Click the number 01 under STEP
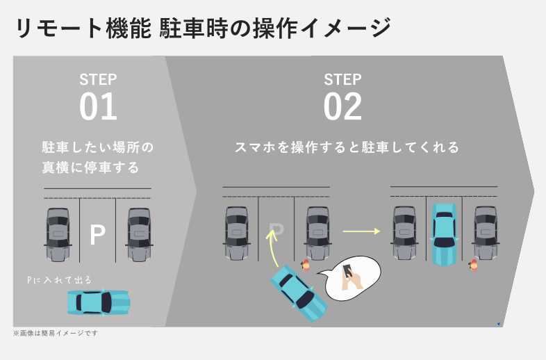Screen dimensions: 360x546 coord(98,107)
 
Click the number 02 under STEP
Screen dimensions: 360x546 coord(342,107)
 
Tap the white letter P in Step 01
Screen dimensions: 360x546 coord(97,236)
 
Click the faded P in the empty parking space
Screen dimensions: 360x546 coord(276,231)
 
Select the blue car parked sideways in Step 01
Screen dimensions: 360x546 coord(99,302)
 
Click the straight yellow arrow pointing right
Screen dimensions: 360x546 coord(362,231)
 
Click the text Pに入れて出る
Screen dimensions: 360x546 coord(59,280)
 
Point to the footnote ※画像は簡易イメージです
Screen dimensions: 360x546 coord(56,333)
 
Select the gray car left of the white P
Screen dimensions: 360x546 coord(57,234)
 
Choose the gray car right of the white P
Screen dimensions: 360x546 coord(139,234)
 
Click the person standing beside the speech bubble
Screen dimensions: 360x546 coord(306,265)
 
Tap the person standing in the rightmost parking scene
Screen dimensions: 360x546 coord(474,265)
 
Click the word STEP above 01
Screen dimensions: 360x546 coord(98,79)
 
